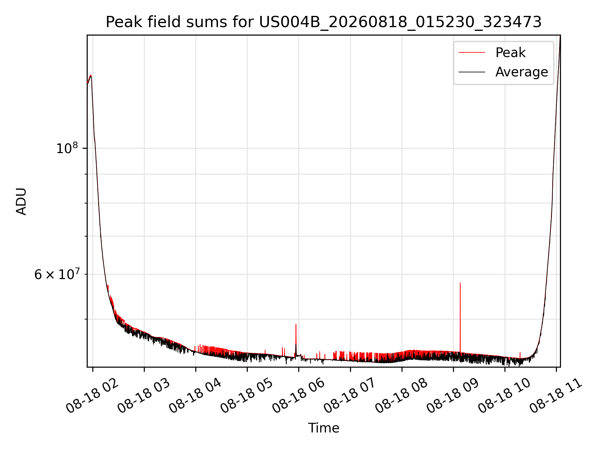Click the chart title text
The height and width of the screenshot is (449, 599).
point(324,22)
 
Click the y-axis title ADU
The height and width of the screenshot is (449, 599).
point(21,201)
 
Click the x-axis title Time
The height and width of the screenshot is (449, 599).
point(324,428)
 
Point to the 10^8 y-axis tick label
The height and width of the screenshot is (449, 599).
point(67,148)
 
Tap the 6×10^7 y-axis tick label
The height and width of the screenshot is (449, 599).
point(57,274)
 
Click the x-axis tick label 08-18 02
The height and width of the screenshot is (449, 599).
point(92,396)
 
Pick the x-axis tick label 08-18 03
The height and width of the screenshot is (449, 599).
point(144,396)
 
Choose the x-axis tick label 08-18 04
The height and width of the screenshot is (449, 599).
point(195,396)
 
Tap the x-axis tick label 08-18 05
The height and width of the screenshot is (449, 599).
point(247,396)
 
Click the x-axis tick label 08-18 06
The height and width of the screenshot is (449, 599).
point(299,396)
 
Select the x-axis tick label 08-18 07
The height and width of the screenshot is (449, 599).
point(350,396)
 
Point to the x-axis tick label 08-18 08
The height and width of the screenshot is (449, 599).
point(402,396)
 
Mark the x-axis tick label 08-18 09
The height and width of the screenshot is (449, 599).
point(453,396)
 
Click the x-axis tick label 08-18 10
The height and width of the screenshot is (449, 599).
point(504,396)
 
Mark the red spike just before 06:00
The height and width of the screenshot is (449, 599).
point(296,340)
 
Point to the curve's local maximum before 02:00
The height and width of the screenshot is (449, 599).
point(90,75)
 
